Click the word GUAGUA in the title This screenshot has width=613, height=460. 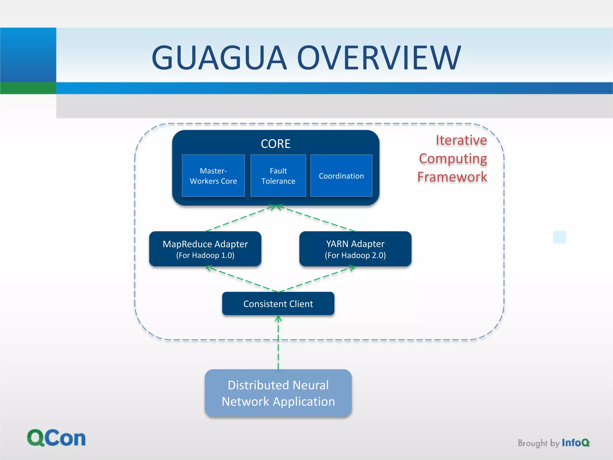coord(219,57)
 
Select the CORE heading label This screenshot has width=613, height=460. coord(275,144)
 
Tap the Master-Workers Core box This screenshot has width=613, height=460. coord(213,176)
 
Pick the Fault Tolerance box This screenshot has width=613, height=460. coord(278,176)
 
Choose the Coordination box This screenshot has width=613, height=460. coord(341,176)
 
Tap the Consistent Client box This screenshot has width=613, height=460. coord(278,304)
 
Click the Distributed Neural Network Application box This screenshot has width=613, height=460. coord(278,393)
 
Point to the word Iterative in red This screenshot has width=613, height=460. coord(461,140)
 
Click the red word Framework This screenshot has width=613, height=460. coord(452,177)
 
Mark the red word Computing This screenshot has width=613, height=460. coord(453,158)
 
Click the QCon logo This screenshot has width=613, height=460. coord(56,438)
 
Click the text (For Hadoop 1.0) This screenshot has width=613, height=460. coord(205,255)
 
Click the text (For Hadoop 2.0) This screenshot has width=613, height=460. coord(355,255)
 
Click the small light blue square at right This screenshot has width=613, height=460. coord(559,237)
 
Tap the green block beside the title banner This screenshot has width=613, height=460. coord(28,88)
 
